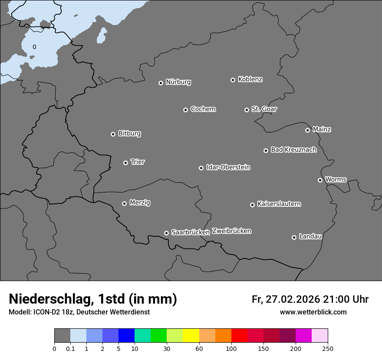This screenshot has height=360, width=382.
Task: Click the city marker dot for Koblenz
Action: (233, 80)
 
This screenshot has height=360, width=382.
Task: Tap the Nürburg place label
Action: (178, 82)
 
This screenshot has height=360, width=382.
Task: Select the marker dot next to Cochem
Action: (185, 110)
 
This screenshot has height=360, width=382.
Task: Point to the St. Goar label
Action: (264, 109)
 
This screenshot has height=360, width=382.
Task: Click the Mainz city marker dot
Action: (307, 130)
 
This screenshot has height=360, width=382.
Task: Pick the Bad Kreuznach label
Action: (293, 150)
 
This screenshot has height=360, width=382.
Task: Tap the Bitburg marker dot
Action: (113, 134)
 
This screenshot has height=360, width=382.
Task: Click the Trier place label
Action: (138, 162)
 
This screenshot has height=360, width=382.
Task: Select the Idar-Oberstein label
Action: (228, 167)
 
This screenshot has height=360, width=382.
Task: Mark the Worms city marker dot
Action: (320, 180)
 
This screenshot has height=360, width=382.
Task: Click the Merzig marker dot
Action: (124, 203)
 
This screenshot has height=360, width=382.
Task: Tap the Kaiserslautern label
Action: (279, 204)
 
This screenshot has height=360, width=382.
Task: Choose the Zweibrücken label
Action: (231, 231)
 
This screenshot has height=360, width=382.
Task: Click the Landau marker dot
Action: (294, 237)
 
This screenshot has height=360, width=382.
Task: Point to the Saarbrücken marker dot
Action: (166, 233)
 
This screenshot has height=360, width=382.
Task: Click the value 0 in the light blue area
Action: (34, 47)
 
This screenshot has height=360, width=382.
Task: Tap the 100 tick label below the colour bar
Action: (231, 348)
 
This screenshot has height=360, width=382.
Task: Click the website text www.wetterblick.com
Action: (313, 312)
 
